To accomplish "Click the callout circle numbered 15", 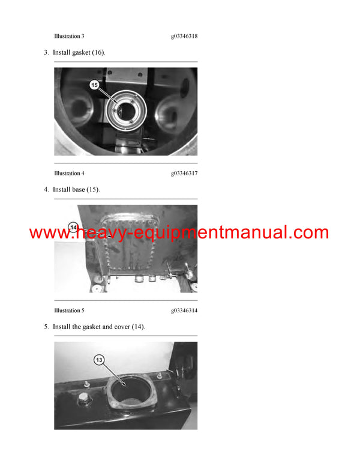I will (94, 85).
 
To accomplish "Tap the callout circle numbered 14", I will (73, 228).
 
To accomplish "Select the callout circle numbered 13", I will (100, 360).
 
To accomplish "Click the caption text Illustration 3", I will (69, 37).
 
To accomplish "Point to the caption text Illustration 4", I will (69, 174).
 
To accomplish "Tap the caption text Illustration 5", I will (69, 310).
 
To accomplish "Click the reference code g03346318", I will (184, 37).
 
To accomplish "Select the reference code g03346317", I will (184, 174).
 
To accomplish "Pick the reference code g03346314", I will (184, 310).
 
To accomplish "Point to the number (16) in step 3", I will (97, 53).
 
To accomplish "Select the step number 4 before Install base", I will (46, 190).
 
